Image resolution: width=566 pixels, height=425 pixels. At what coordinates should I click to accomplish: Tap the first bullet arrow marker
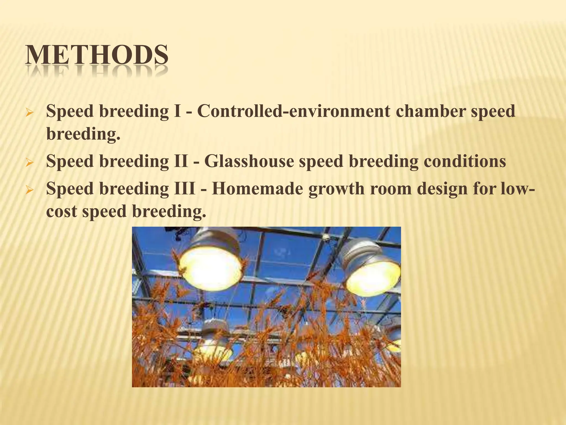29,113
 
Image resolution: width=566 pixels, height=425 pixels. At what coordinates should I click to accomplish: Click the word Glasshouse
249,161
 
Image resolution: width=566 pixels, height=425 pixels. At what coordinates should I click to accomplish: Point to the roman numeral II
181,161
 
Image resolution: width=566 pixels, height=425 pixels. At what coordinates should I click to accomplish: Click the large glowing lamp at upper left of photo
211,267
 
